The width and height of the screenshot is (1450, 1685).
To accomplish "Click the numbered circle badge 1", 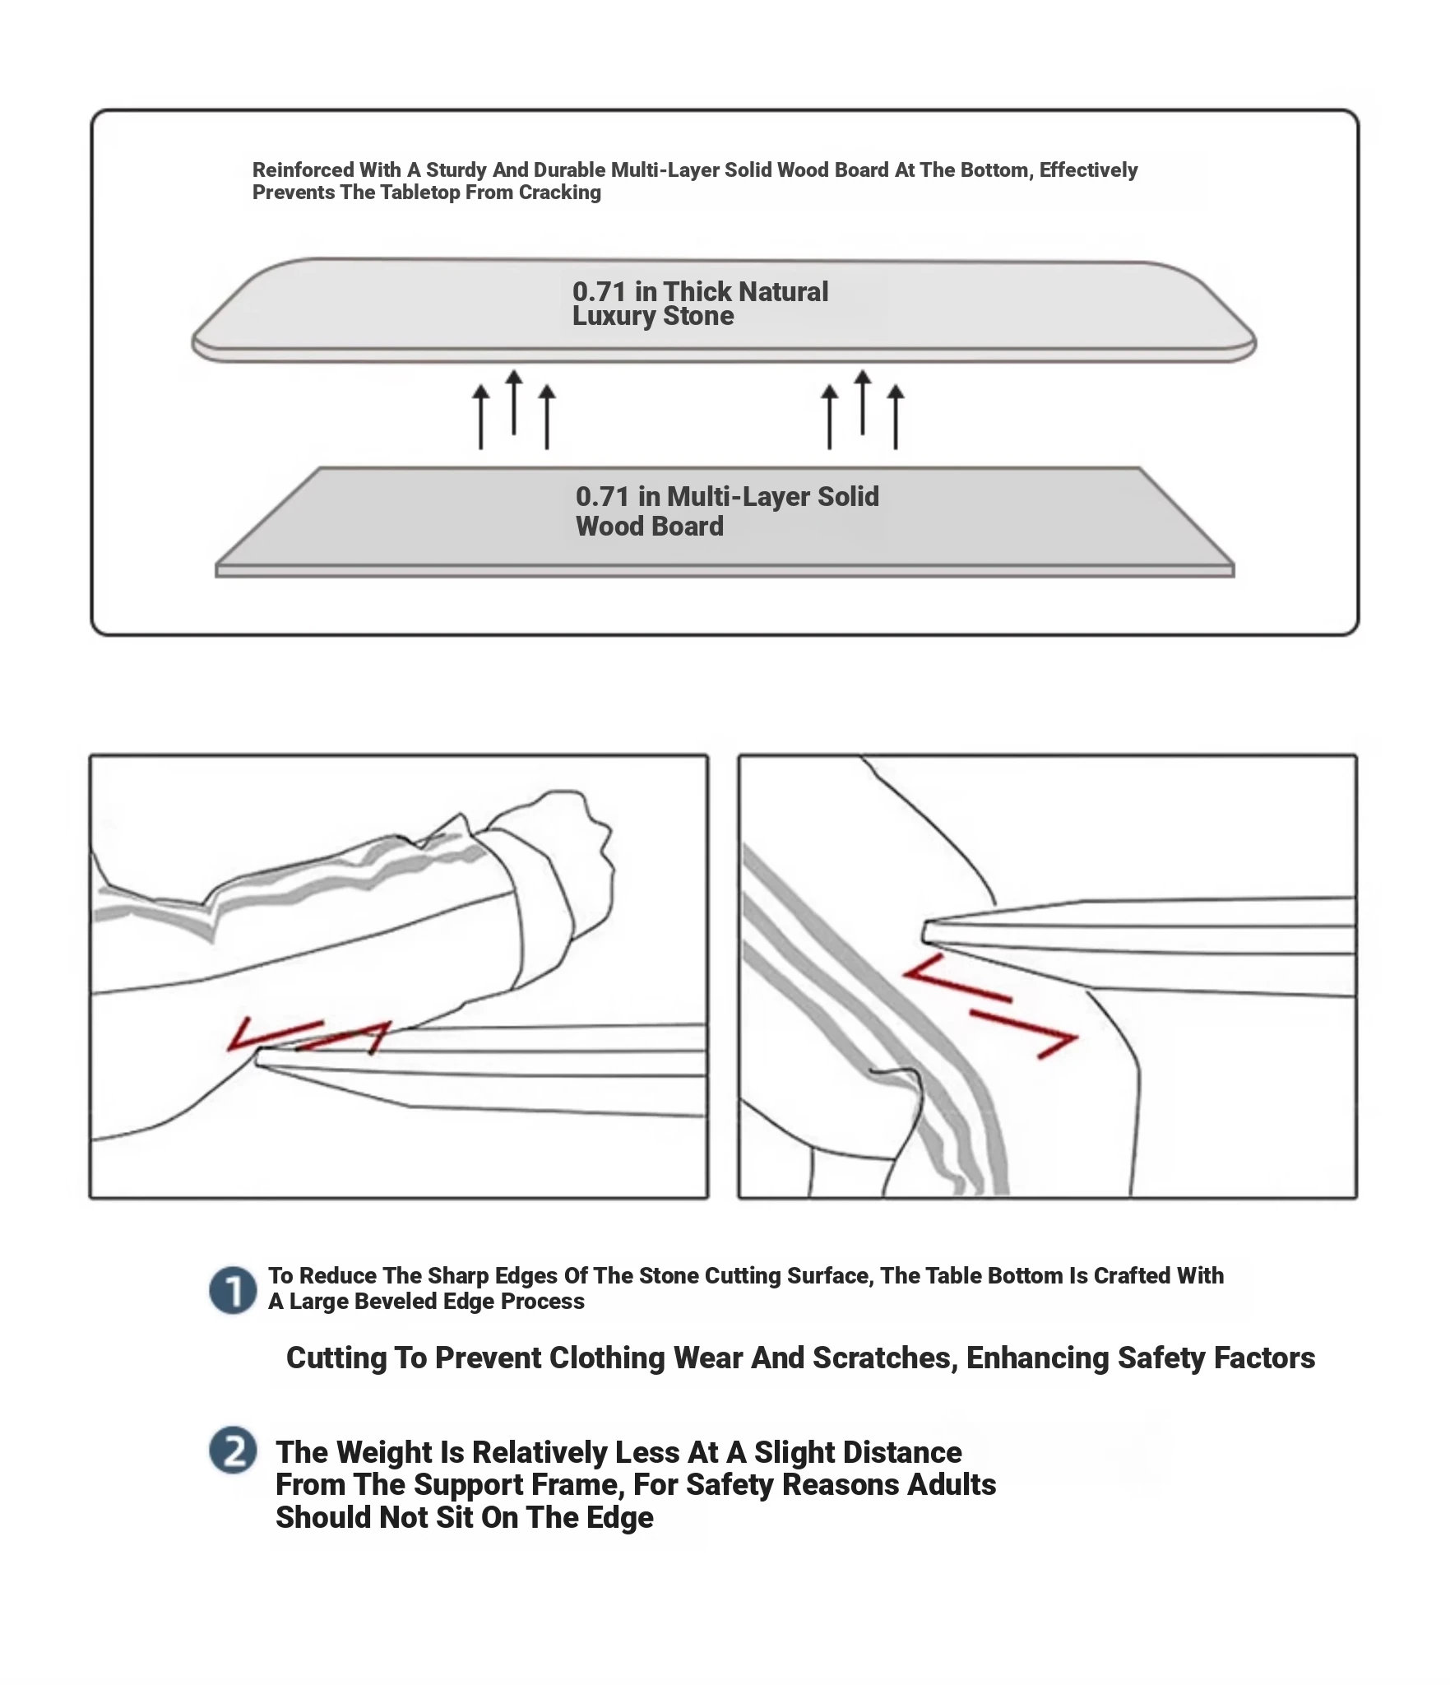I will click(233, 1290).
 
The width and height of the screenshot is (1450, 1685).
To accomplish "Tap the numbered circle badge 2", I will click(233, 1450).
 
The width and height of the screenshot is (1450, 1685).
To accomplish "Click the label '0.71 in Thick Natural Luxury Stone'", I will click(699, 304).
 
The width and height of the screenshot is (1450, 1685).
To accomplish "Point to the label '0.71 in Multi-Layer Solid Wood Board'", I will click(726, 511).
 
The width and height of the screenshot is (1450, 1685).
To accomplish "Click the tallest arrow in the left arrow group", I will click(514, 402).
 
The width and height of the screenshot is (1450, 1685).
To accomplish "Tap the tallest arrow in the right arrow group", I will click(862, 402).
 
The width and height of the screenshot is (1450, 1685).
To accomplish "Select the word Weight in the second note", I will click(384, 1452).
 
